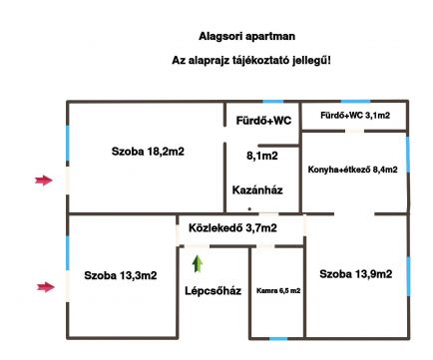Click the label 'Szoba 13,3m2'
point(120,274)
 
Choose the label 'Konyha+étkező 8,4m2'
point(353,170)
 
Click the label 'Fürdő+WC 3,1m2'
point(354,117)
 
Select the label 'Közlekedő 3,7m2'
point(232,229)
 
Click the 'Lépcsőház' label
point(214,291)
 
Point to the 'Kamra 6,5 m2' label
point(278,290)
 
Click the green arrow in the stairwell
point(198,263)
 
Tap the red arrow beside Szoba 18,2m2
point(42,180)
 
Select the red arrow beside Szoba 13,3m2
point(42,287)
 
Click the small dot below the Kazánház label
point(249,209)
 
